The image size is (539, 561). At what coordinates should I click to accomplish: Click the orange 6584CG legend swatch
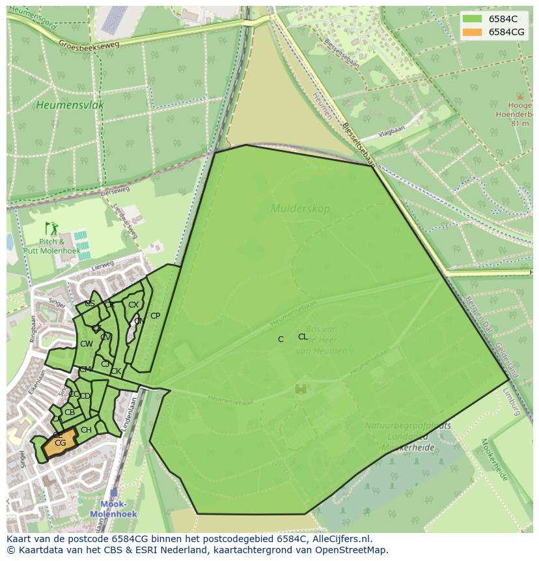pos(473,32)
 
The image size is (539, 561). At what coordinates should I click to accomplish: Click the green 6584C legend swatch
pos(473,19)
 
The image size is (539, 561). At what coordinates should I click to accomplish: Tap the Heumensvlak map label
pos(70,105)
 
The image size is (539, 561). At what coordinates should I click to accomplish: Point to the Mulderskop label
pos(300,209)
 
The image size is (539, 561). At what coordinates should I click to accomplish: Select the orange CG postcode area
pos(59,445)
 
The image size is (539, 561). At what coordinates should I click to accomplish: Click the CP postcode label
pos(155,316)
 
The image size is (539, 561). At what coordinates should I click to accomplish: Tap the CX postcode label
pos(133,305)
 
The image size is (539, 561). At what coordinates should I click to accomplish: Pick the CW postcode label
pos(86,344)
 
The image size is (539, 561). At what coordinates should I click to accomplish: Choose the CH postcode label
pos(86,430)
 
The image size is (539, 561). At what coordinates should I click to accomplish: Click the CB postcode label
pos(70,412)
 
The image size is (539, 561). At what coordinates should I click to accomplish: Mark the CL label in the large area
pos(303,337)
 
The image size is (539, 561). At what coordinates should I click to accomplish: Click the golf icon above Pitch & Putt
pos(51,228)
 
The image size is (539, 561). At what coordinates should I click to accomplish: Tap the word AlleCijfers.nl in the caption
pos(340,539)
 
